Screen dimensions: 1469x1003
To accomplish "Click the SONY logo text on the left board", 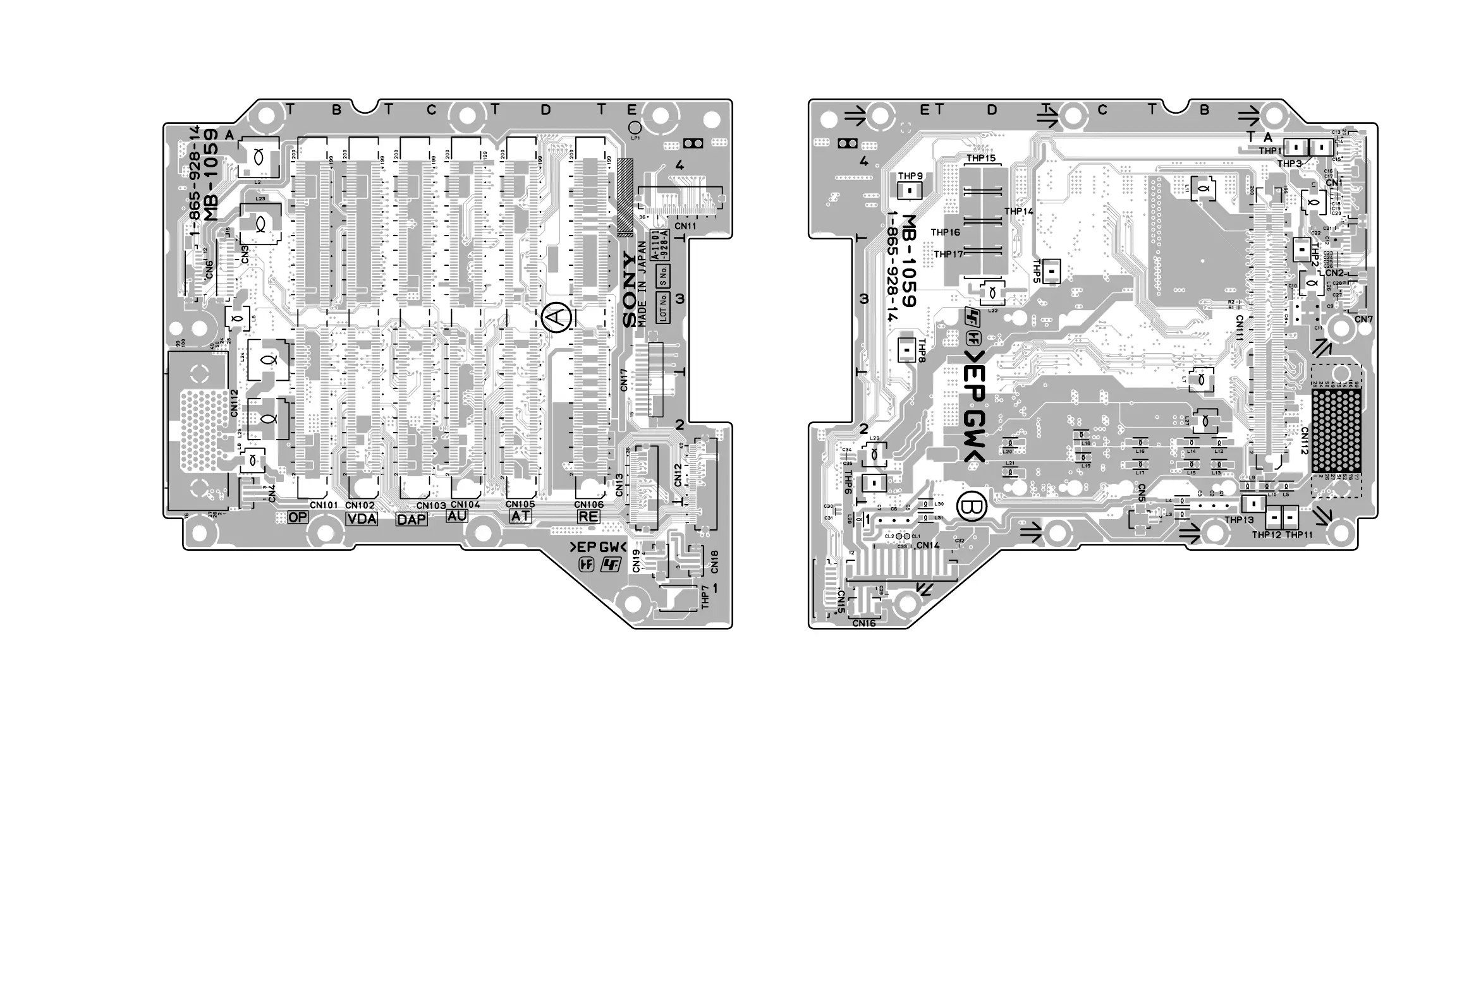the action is (630, 290).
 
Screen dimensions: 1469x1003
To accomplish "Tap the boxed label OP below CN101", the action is (298, 517).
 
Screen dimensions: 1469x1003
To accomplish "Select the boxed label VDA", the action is (362, 519).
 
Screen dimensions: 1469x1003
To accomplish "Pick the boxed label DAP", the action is (411, 519).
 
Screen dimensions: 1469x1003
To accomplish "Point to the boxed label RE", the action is (588, 516).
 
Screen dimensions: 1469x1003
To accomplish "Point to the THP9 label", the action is (910, 176).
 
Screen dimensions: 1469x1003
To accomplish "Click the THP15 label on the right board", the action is (980, 158).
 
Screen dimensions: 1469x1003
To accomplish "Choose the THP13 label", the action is (1238, 520).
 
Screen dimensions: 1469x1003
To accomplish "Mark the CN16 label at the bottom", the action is (864, 623).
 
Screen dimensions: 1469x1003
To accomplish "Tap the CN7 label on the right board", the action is (1364, 320).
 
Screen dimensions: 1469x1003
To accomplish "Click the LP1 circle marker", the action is (635, 128).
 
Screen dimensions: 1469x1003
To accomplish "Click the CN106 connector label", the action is (588, 504).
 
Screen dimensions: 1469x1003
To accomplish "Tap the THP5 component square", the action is (1051, 271).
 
